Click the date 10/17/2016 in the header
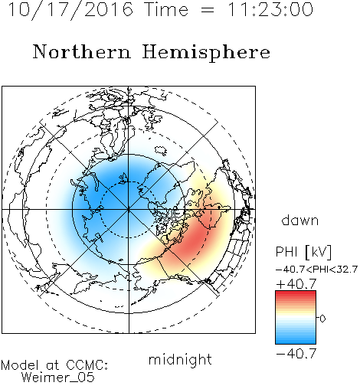pos(70,10)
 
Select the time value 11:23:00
pos(270,10)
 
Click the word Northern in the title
pos(82,52)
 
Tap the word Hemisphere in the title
pos(206,53)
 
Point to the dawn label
pos(300,220)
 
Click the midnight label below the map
pos(180,360)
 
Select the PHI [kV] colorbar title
pos(303,252)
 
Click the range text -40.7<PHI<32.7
pos(316,270)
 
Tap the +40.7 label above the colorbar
pos(296,284)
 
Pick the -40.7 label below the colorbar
pos(296,354)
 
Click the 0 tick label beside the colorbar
pos(322,319)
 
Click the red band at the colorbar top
pos(296,294)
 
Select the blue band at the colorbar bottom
pos(296,341)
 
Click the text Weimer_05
pos(58,378)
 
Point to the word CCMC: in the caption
pos(87,365)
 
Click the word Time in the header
pos(166,10)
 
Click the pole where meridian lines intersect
pos(129,209)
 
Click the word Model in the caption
pos(20,365)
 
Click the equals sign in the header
pos(208,10)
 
